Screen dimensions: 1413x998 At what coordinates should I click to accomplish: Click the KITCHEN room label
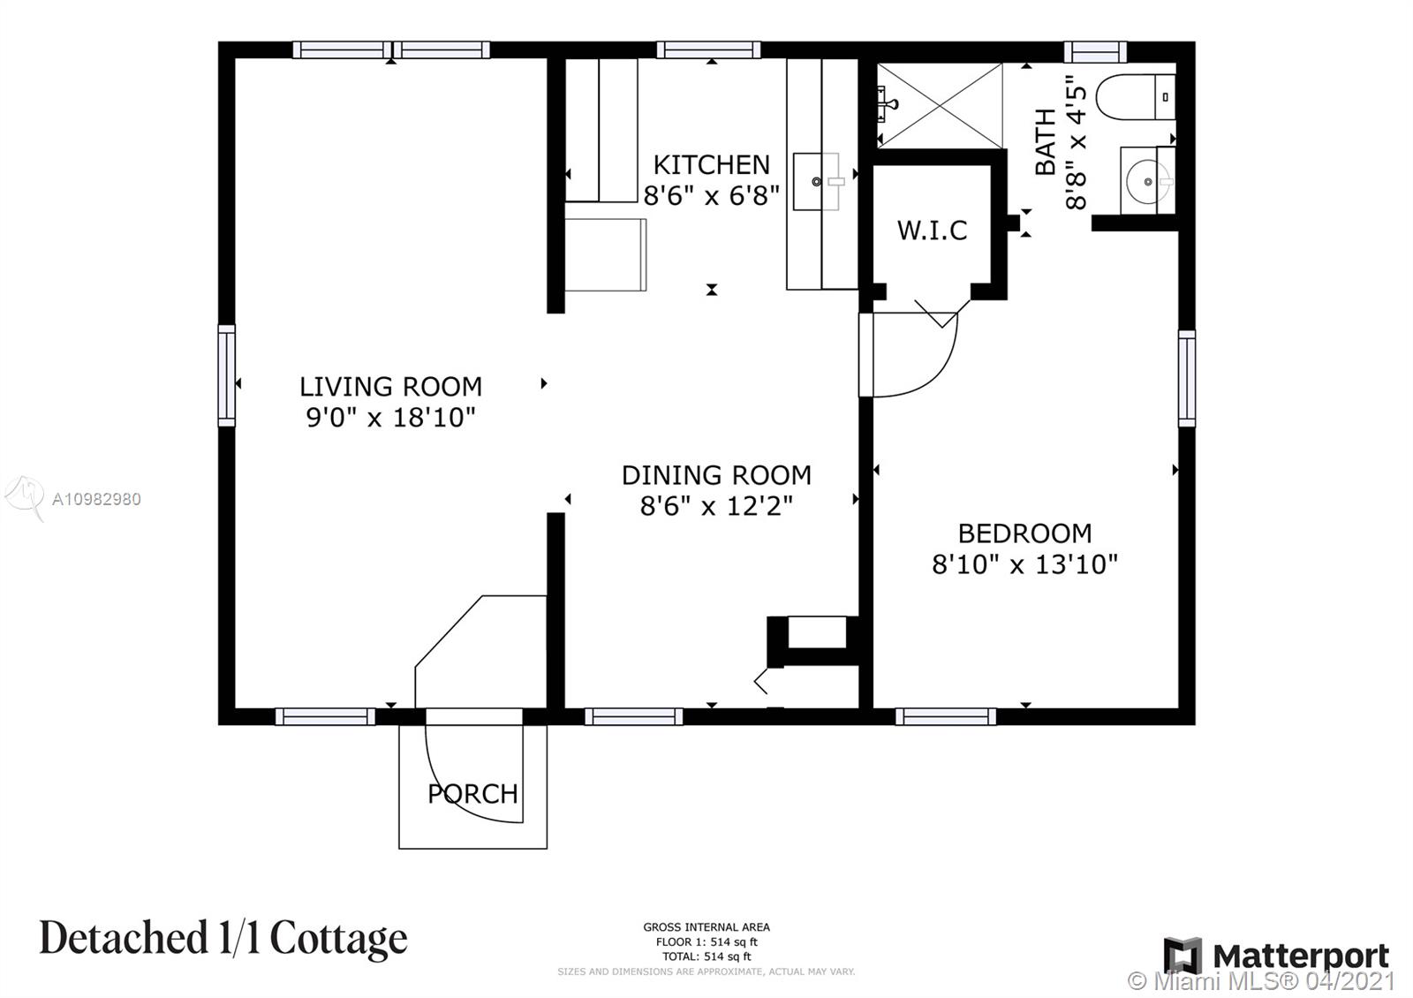click(712, 165)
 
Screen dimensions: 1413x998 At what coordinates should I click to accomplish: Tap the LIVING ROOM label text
click(390, 387)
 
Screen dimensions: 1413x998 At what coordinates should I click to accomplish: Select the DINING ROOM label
click(716, 476)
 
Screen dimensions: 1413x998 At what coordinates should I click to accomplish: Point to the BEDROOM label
click(1025, 533)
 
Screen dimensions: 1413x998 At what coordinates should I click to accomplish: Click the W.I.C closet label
click(933, 231)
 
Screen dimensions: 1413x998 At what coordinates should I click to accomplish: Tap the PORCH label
click(473, 794)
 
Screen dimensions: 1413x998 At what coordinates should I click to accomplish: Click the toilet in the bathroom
click(1136, 97)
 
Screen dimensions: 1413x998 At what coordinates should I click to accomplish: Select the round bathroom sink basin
click(1148, 182)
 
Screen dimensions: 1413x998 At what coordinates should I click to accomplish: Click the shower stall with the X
click(940, 105)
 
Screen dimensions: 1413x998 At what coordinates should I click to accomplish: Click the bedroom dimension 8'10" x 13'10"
click(1025, 564)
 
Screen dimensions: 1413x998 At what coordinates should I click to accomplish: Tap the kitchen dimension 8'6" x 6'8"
click(712, 195)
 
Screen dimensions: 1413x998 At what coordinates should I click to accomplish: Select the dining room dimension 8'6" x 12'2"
click(716, 506)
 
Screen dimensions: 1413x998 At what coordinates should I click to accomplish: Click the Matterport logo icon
click(1183, 956)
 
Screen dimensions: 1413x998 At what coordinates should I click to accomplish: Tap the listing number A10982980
click(96, 500)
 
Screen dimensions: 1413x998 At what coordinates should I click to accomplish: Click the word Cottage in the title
click(339, 939)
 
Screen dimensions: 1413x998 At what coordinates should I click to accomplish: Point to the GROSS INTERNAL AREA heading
click(706, 926)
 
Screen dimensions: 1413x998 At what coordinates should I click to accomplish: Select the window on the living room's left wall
click(226, 376)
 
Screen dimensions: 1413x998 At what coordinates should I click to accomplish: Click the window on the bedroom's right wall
click(1187, 379)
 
